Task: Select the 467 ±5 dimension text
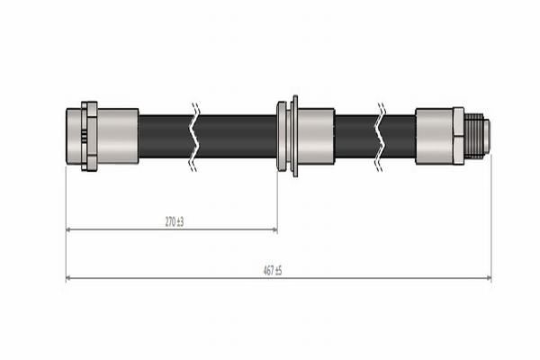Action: click(x=273, y=270)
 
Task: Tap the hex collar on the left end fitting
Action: click(x=89, y=136)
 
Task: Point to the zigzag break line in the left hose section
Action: click(x=195, y=136)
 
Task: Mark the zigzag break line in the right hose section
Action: click(x=382, y=136)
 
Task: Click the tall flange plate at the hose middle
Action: click(x=294, y=136)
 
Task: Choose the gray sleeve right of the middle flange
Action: click(x=316, y=136)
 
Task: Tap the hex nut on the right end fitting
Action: click(x=458, y=136)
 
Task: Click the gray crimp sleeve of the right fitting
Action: click(x=434, y=136)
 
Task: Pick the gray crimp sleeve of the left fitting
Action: click(x=117, y=136)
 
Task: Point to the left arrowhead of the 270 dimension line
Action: click(x=69, y=229)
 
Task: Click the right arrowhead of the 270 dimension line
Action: click(x=274, y=229)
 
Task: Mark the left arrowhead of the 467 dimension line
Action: click(x=69, y=278)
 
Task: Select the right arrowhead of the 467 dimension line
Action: click(x=488, y=278)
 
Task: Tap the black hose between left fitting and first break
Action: click(x=165, y=136)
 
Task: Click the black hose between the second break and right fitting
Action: click(x=400, y=136)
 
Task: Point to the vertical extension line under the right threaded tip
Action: click(x=491, y=216)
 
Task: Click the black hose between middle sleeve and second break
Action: click(x=355, y=136)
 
